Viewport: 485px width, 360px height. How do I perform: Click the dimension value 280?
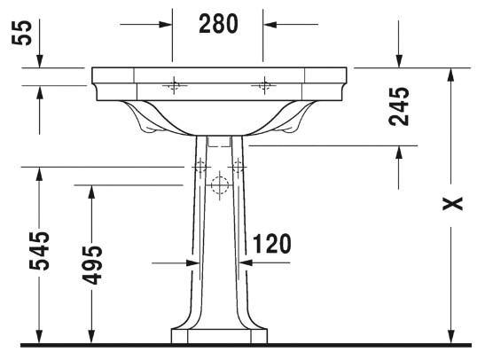click(218, 25)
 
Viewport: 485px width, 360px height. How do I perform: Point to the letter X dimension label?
click(453, 204)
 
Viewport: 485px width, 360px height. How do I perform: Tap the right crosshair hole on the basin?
click(262, 85)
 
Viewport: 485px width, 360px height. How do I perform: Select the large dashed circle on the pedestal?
click(219, 185)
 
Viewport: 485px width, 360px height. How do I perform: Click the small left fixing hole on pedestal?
click(200, 165)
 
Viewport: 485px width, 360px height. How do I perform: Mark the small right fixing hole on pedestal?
click(237, 165)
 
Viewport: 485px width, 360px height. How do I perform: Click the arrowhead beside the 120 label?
click(245, 262)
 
